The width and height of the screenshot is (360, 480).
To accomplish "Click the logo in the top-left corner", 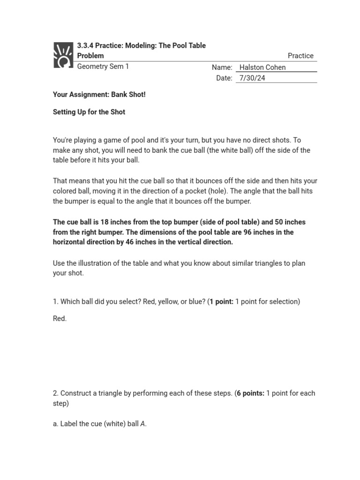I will pyautogui.click(x=63, y=55).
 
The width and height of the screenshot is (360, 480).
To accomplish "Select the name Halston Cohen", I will pyautogui.click(x=262, y=67).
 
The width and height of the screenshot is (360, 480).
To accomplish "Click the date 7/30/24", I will pyautogui.click(x=252, y=78).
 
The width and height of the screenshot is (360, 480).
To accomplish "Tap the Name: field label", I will pyautogui.click(x=222, y=67).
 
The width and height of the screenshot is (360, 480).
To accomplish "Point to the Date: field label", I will pyautogui.click(x=224, y=78).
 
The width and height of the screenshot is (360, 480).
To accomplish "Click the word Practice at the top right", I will pyautogui.click(x=300, y=56).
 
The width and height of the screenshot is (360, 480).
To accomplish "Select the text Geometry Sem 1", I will pyautogui.click(x=103, y=67).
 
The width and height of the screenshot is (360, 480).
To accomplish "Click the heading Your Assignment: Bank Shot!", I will pyautogui.click(x=99, y=95).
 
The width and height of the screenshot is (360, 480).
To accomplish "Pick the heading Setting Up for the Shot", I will pyautogui.click(x=89, y=112).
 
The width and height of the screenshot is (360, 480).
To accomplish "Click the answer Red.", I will pyautogui.click(x=60, y=319).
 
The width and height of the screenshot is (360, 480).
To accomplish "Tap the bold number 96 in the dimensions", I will pyautogui.click(x=248, y=232).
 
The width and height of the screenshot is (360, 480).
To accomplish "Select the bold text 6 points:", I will pyautogui.click(x=251, y=393).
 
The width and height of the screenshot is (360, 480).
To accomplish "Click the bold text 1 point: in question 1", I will pyautogui.click(x=221, y=302).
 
